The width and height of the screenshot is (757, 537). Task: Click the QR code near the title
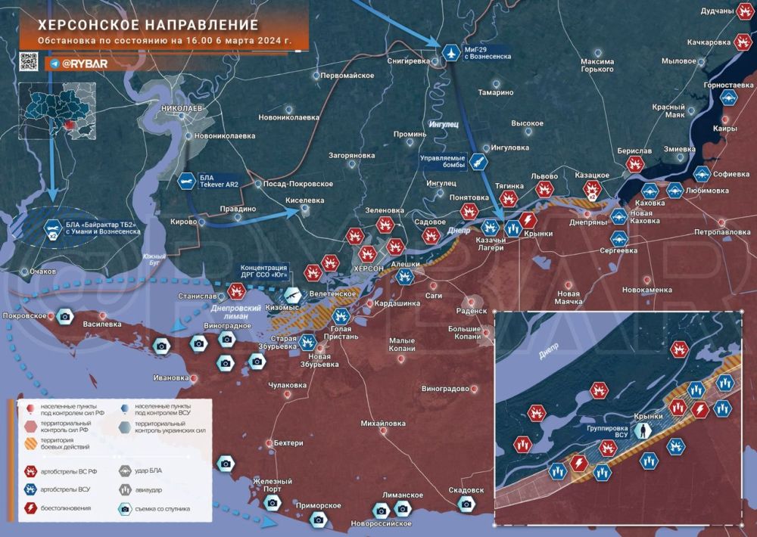coord(28,63)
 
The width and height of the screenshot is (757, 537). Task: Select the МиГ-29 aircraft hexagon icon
coord(452,52)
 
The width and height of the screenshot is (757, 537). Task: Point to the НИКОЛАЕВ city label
coord(182,109)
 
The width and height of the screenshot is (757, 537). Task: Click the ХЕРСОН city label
coord(370,268)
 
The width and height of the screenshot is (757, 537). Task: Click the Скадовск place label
coord(461,489)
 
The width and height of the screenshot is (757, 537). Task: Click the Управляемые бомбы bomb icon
coord(478,160)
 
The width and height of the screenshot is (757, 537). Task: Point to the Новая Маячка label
coord(568,297)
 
